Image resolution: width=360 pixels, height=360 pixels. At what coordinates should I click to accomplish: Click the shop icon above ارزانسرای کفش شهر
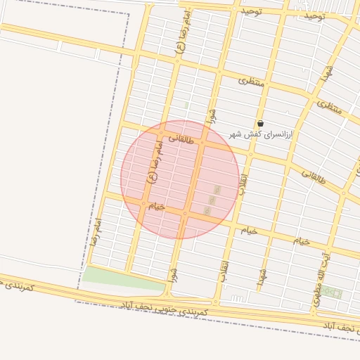tap(261, 123)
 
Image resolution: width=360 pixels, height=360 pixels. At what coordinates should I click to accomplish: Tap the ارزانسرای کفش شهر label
tap(262, 134)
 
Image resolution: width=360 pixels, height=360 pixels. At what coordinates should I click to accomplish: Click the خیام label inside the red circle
tap(156, 206)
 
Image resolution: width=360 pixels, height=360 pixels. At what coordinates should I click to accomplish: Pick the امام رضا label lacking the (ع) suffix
tap(96, 231)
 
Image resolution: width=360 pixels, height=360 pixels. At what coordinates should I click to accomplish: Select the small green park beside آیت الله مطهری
tap(332, 292)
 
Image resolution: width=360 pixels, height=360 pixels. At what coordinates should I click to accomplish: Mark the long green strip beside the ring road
tap(124, 279)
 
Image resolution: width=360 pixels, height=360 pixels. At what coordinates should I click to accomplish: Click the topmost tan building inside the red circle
tap(217, 190)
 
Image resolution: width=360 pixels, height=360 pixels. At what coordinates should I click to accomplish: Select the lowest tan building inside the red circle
tap(207, 210)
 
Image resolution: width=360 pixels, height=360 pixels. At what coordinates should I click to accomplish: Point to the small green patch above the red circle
tap(186, 105)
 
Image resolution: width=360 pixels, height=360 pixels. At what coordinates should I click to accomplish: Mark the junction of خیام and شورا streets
tap(186, 213)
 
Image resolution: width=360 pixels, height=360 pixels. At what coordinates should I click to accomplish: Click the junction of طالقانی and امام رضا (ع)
tap(161, 133)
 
